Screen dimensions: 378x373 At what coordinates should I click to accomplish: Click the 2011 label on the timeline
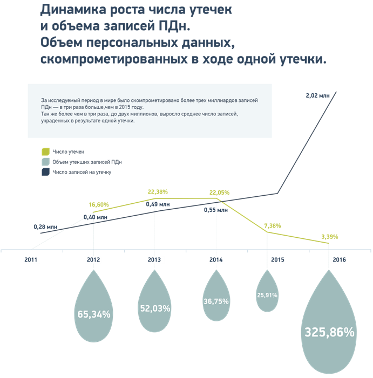tap(31, 259)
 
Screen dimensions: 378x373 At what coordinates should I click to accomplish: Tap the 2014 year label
tap(216, 259)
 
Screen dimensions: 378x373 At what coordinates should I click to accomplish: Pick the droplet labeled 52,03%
tap(154, 305)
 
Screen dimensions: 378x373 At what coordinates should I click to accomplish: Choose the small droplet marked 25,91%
tap(266, 294)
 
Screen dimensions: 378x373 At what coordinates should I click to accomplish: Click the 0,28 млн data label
tap(45, 227)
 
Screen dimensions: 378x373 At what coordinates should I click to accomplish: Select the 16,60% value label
tap(99, 204)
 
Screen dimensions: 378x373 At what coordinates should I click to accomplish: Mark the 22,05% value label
tap(220, 192)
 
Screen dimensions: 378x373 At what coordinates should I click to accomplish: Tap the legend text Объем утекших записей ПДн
tap(87, 162)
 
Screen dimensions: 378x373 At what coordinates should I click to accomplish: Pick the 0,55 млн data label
tap(215, 210)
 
